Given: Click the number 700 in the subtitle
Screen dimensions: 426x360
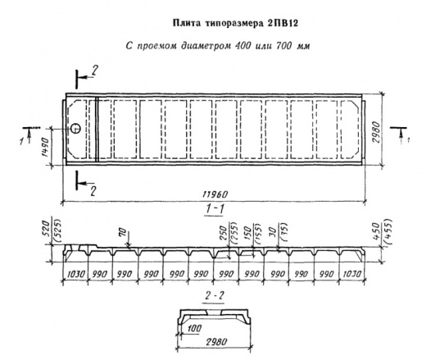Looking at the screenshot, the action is coord(283,45).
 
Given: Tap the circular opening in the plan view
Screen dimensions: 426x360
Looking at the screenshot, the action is coord(75,128).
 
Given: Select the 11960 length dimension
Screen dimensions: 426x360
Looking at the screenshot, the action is coord(215,194).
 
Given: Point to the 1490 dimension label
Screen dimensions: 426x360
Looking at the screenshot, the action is coord(45,147).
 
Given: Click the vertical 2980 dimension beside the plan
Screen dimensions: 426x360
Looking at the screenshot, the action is coord(376,132).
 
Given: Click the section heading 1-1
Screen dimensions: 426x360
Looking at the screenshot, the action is coord(215,209).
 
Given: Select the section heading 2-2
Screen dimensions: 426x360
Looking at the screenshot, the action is coord(215,295).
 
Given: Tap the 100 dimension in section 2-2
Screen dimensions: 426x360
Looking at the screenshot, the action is coord(194,328).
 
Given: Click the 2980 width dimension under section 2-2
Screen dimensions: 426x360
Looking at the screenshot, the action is coord(216,342).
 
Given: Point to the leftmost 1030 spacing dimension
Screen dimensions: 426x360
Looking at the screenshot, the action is coord(76,274).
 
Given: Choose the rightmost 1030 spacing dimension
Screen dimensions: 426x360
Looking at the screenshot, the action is coord(351,274).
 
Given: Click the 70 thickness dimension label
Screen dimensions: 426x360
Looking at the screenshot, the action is coord(123,233).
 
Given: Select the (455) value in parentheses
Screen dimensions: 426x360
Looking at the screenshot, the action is coord(388,230).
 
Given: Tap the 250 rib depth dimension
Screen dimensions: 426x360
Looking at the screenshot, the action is coord(224,232).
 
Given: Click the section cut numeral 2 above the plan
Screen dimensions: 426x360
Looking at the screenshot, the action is coord(94,71).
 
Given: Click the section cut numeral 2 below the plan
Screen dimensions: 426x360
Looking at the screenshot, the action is coord(93,191).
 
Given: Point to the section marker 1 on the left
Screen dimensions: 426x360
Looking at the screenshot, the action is coord(21,142).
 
